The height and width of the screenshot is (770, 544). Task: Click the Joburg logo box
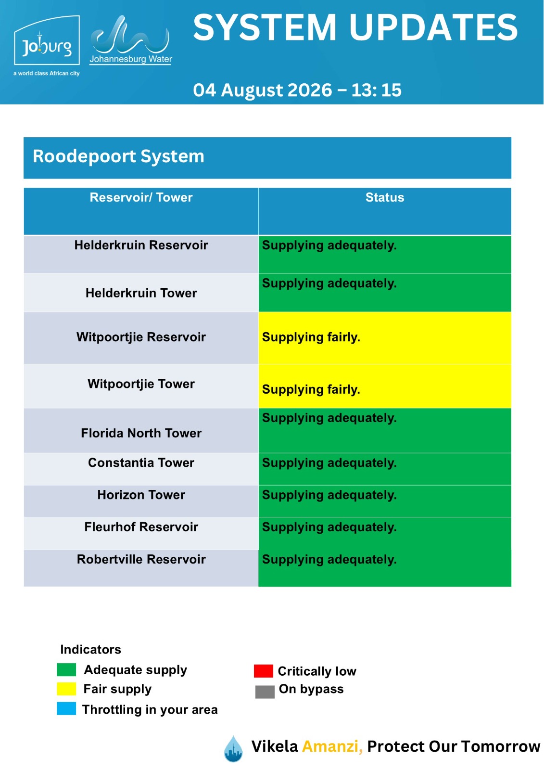click(47, 40)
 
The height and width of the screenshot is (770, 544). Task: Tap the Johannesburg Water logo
click(130, 40)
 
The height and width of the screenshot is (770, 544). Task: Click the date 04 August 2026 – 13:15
click(297, 90)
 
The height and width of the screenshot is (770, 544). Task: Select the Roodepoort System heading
click(118, 156)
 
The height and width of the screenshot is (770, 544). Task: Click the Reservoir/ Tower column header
click(141, 198)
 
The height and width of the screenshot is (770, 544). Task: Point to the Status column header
click(384, 197)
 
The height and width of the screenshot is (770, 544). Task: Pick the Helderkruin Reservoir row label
click(141, 245)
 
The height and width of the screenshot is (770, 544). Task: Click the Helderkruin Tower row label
click(141, 293)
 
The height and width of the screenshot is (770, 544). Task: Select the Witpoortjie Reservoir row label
click(141, 337)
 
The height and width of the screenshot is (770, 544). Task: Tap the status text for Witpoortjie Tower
click(311, 389)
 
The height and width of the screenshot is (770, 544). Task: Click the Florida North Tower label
click(141, 433)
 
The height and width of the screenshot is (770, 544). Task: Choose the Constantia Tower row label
click(141, 462)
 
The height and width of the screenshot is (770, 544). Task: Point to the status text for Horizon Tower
click(329, 495)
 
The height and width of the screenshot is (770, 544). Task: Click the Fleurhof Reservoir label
click(141, 527)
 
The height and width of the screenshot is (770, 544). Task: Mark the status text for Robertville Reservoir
click(329, 560)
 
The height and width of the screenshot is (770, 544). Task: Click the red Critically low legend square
click(263, 671)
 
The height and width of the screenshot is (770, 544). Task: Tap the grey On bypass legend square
click(265, 692)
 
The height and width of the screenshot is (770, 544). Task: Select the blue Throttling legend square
click(66, 709)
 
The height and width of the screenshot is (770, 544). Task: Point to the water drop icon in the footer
click(233, 748)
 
